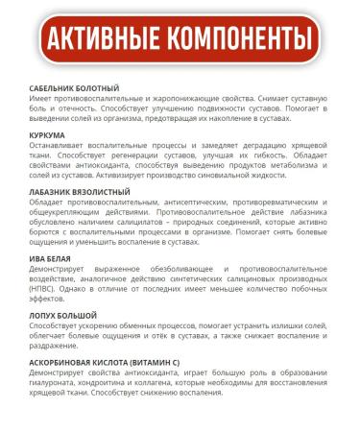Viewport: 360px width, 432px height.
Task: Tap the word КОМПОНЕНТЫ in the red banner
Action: [x=246, y=40]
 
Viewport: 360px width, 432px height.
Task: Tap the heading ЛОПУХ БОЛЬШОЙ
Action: [x=63, y=316]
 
